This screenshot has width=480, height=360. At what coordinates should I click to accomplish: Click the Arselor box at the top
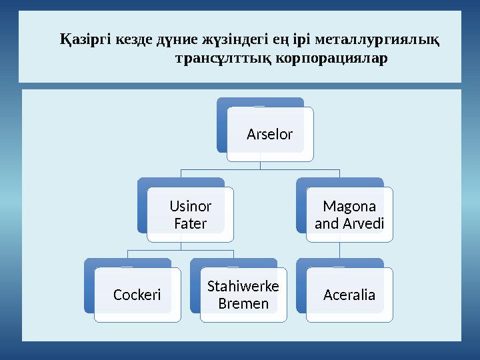pyautogui.click(x=269, y=135)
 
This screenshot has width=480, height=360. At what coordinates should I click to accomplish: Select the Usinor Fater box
pyautogui.click(x=190, y=214)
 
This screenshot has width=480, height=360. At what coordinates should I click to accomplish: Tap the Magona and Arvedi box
pyautogui.click(x=349, y=214)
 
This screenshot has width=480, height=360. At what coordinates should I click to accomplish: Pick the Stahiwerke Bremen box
pyautogui.click(x=243, y=295)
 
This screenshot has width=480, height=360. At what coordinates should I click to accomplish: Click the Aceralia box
pyautogui.click(x=349, y=295)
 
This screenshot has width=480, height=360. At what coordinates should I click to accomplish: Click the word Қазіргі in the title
pyautogui.click(x=85, y=41)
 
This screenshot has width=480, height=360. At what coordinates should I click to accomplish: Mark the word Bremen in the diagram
pyautogui.click(x=243, y=304)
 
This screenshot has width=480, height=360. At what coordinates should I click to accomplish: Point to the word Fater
pyautogui.click(x=190, y=223)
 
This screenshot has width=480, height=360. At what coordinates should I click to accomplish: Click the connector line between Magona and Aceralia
pyautogui.click(x=340, y=250)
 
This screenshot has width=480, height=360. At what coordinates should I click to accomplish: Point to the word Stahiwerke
pyautogui.click(x=243, y=287)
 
